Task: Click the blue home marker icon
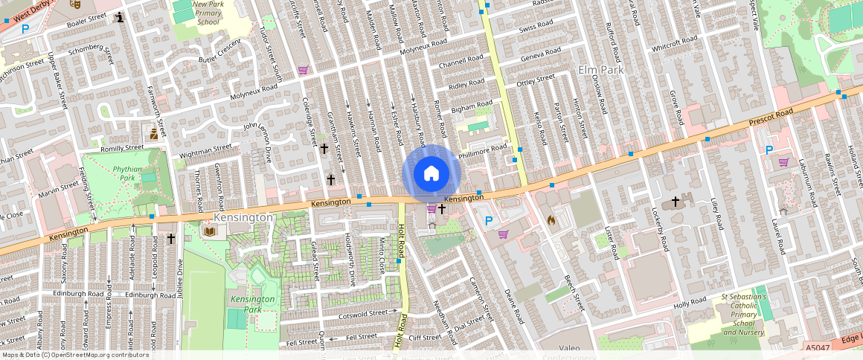click(431, 173)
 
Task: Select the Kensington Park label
click(252, 303)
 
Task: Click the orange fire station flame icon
click(551, 220)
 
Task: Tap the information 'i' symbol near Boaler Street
click(121, 16)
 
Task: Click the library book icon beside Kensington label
click(210, 231)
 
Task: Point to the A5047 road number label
click(816, 347)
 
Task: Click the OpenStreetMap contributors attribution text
click(65, 355)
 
